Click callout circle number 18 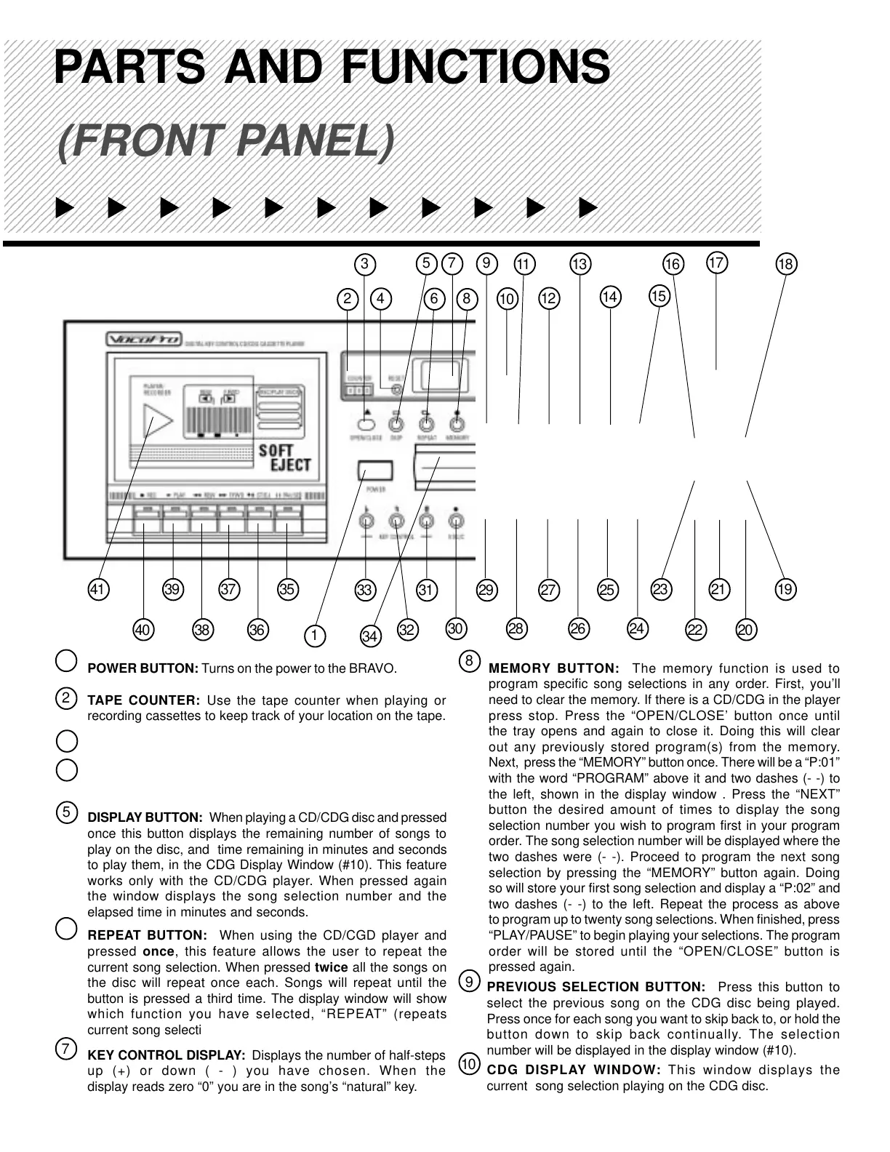[x=786, y=263]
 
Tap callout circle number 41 [x=97, y=589]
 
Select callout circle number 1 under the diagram [x=314, y=636]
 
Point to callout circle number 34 [x=370, y=636]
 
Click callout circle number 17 [x=717, y=262]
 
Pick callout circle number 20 [x=746, y=630]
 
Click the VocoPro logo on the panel [x=143, y=340]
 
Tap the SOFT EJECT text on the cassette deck [x=285, y=457]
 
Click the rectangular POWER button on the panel [x=374, y=471]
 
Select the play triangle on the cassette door [x=158, y=422]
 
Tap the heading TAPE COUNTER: [x=143, y=700]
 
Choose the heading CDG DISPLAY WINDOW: [x=574, y=1070]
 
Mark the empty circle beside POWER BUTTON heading [x=66, y=660]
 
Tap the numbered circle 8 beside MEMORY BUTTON [x=470, y=661]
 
